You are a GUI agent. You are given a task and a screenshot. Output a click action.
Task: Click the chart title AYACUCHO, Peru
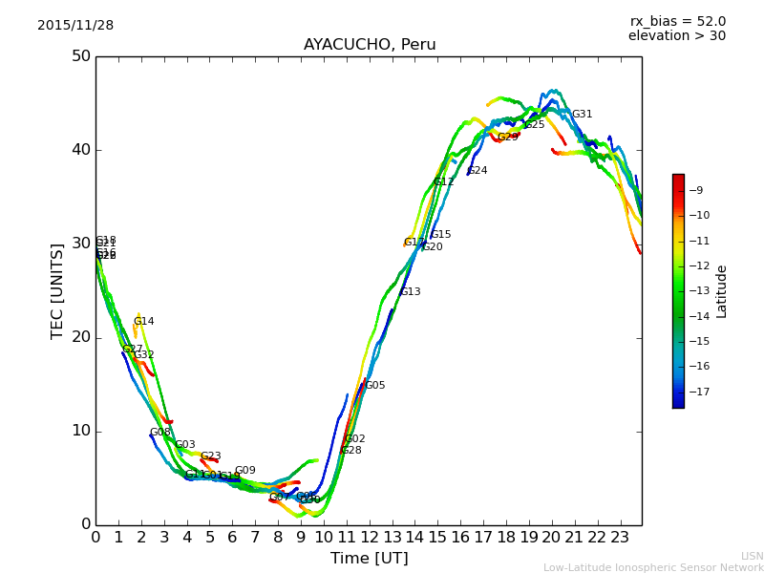coord(368,45)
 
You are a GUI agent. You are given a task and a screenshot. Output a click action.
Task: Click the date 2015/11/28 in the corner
coord(75,26)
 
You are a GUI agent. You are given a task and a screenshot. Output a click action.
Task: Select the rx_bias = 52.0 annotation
coord(677,22)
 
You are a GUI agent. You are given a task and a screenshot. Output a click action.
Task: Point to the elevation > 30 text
coord(676,36)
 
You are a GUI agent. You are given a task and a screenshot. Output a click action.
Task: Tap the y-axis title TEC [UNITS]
coord(57,290)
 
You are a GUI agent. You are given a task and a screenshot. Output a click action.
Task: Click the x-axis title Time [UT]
coord(369,559)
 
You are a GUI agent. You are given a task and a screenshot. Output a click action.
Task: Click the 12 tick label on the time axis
coord(369,538)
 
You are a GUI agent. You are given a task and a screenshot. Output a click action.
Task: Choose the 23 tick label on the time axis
coord(620,538)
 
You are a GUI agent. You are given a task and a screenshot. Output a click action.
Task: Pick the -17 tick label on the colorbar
coord(699,392)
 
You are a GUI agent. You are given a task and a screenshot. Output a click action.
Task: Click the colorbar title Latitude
coord(722,291)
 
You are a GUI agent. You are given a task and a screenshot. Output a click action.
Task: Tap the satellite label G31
coord(582,115)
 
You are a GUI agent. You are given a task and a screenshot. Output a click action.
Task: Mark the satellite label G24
coord(477,171)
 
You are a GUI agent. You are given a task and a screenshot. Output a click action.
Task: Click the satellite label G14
coord(143,322)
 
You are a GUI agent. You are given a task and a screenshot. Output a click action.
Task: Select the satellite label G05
coord(375,386)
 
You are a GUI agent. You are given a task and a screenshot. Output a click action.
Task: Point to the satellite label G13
coord(410,292)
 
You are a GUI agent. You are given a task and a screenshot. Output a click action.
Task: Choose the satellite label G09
coord(244,471)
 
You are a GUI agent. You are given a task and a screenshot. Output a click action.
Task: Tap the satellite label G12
coord(443,182)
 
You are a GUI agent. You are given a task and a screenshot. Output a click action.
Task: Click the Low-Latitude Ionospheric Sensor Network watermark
coord(653,568)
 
